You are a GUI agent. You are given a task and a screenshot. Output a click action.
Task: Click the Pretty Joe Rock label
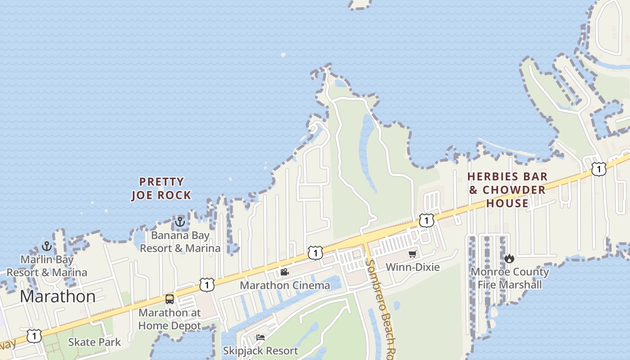tap(161, 189)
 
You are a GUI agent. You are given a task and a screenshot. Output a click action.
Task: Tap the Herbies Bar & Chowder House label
tap(508, 190)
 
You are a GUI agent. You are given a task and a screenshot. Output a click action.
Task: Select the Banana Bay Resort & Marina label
tap(180, 242)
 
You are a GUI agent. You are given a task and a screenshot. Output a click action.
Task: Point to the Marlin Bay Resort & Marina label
tap(47, 266)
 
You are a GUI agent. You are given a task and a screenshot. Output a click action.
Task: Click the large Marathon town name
tap(58, 297)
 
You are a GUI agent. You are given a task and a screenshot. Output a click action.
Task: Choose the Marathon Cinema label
tap(285, 285)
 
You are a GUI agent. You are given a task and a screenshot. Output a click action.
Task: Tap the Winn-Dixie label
tap(413, 267)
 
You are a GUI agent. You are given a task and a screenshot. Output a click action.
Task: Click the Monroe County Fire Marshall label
tap(510, 278)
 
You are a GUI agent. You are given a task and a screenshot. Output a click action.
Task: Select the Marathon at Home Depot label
tap(170, 319)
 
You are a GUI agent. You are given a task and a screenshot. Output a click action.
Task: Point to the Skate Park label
tap(94, 342)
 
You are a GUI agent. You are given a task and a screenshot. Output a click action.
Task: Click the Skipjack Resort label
tap(261, 351)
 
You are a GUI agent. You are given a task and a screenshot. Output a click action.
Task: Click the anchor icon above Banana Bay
tap(180, 222)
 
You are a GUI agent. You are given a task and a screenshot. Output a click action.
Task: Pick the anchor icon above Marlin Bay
tap(47, 246)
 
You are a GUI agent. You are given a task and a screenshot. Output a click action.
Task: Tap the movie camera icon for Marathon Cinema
tap(284, 272)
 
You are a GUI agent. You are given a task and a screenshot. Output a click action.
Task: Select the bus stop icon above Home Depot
tap(170, 299)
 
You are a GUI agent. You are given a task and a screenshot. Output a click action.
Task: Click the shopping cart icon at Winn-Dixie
tap(413, 254)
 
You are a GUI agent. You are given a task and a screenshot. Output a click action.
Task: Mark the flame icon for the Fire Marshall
tap(509, 258)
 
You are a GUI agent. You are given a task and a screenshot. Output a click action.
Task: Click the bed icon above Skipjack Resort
tap(261, 337)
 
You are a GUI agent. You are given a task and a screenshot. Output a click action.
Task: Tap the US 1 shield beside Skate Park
tap(34, 336)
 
